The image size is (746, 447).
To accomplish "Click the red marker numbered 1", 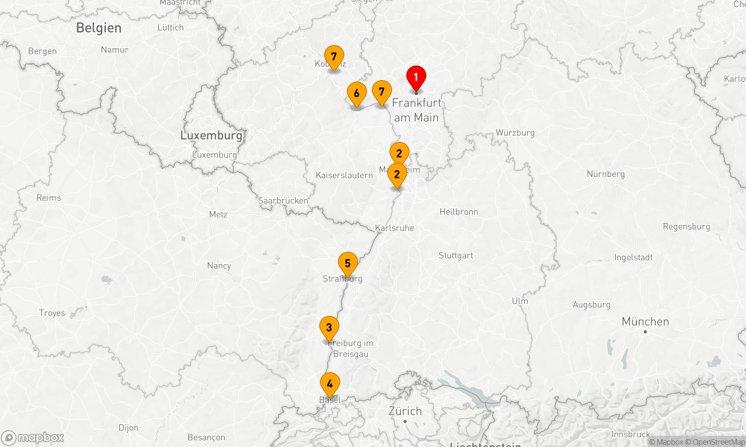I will tap(416, 77).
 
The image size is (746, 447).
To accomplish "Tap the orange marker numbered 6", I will tap(357, 93).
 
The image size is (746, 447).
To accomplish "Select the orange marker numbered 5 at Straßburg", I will tap(348, 264).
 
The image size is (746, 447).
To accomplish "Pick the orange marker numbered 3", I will tap(329, 328).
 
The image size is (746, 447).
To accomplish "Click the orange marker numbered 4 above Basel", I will tap(330, 384).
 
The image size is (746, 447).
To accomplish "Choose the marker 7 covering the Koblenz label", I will tap(334, 57).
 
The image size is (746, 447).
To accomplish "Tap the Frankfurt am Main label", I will tap(416, 110).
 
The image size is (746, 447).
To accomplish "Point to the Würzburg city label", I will tap(515, 133).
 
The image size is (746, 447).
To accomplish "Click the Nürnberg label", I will tap(605, 174).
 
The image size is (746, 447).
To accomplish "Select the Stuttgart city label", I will tap(455, 256).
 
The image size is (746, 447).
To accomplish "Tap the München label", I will tap(645, 321).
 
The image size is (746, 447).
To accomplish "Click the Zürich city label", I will tap(405, 411).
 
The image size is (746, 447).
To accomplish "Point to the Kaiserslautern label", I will tap(344, 175).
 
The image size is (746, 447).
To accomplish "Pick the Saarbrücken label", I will tap(283, 201).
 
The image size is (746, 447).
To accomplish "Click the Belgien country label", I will tap(99, 28).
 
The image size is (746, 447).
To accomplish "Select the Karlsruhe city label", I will tap(394, 228).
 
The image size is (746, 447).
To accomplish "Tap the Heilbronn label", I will tap(458, 212).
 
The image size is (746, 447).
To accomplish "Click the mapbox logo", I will tap(33, 438).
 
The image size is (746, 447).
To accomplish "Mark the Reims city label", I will tap(48, 198).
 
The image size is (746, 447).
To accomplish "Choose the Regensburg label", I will tap(686, 226).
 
